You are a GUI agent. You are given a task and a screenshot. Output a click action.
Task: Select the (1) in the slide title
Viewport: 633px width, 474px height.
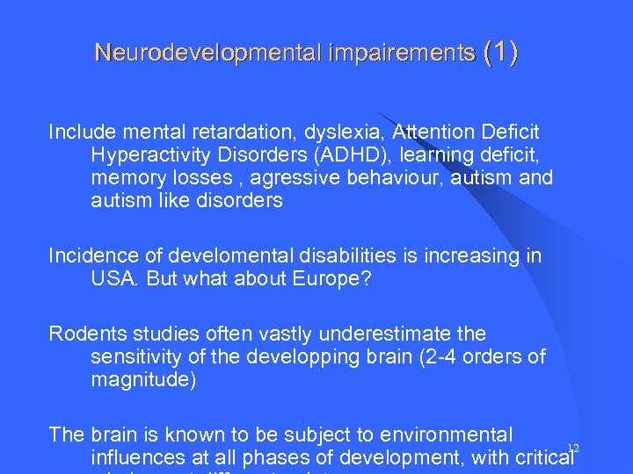(500, 53)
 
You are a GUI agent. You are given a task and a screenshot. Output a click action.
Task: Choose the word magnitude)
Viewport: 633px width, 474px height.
(142, 380)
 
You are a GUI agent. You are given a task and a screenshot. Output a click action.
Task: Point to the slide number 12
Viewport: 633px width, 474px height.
(573, 449)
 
